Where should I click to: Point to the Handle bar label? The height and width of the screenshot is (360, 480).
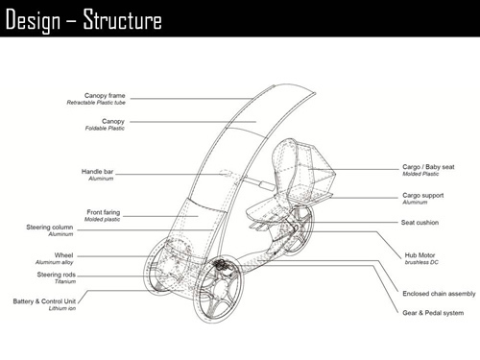point(98,172)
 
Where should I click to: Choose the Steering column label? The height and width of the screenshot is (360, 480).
point(50,228)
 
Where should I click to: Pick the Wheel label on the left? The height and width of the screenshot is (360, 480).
point(63,255)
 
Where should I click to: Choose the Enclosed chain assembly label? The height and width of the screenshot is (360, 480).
point(439,294)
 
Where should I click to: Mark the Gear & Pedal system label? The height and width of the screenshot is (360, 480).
point(431,312)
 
